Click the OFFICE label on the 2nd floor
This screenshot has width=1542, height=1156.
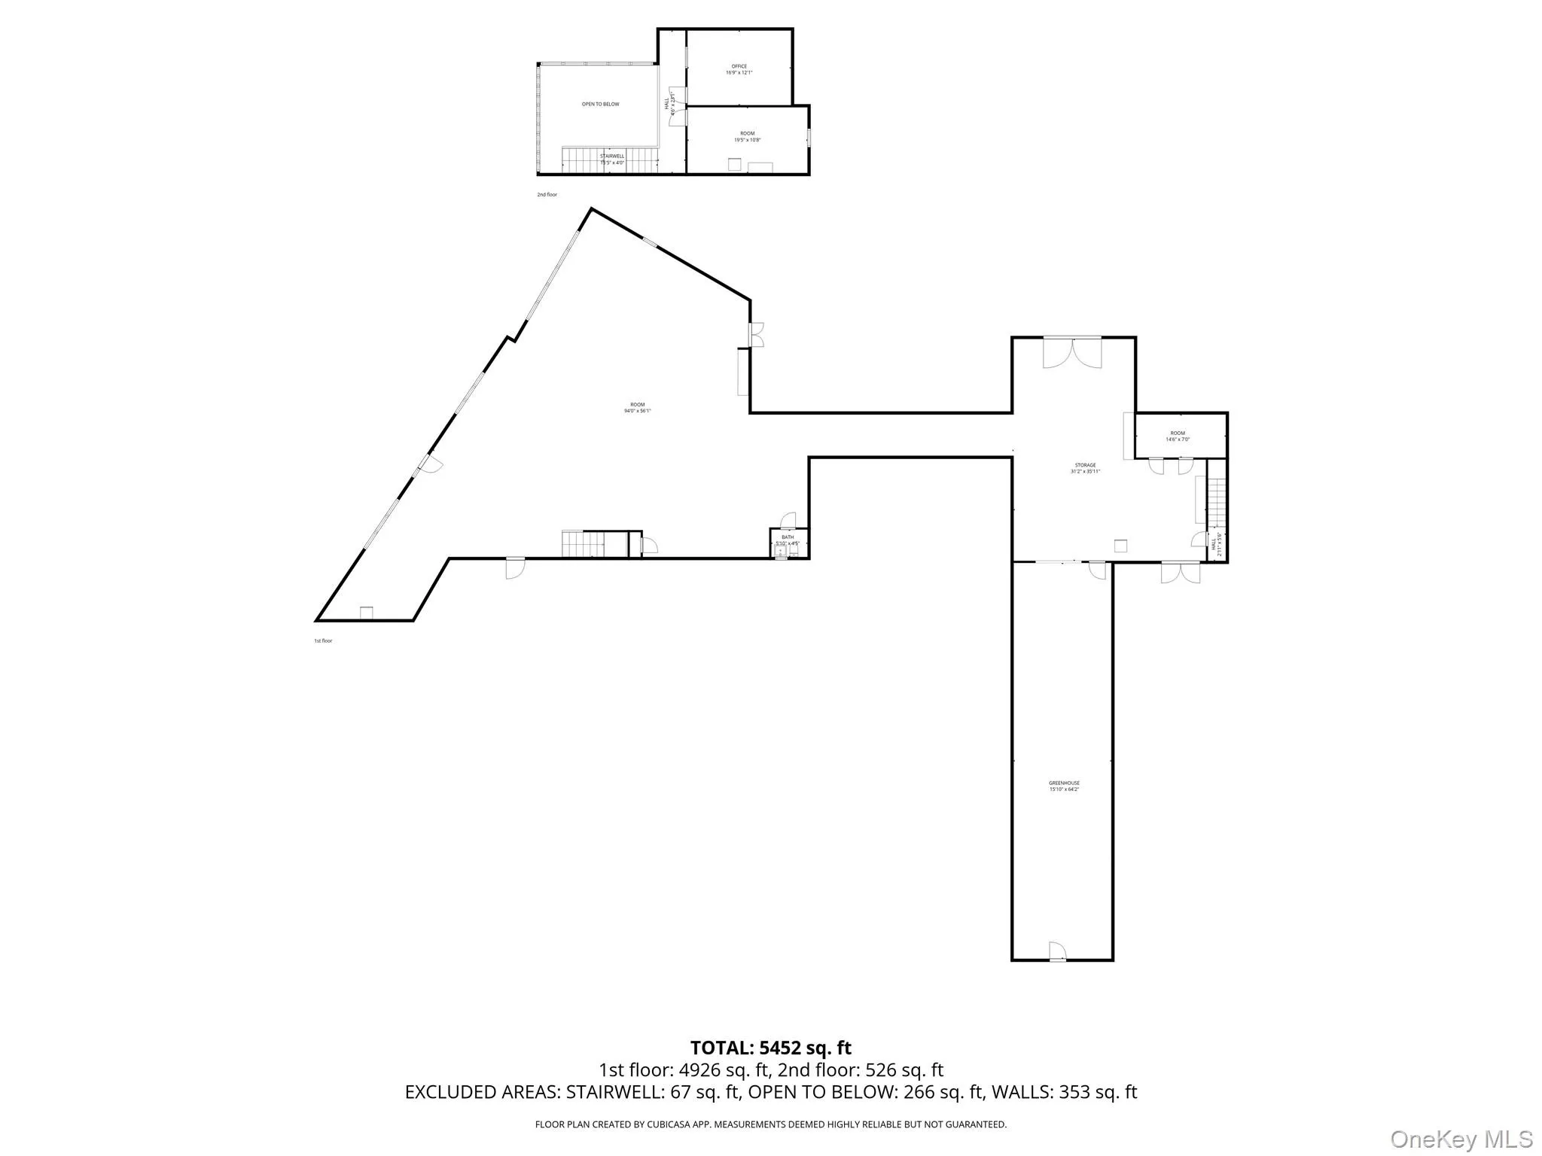click(739, 66)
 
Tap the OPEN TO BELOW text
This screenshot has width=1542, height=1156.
click(600, 104)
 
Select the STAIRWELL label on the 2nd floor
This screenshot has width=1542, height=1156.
click(611, 157)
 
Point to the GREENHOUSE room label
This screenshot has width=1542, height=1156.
click(1064, 783)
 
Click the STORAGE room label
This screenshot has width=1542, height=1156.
click(1085, 465)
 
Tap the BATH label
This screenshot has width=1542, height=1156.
click(787, 537)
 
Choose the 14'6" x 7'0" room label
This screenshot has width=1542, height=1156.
click(1178, 440)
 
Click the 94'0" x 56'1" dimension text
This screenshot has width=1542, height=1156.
click(637, 411)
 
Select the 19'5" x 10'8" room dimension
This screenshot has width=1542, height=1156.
click(747, 140)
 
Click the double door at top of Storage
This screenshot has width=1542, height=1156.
click(1072, 352)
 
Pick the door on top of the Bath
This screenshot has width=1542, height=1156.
click(788, 520)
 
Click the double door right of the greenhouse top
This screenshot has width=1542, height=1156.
click(1180, 572)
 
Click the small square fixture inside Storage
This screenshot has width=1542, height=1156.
click(1120, 546)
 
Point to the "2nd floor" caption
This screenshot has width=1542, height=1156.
click(547, 195)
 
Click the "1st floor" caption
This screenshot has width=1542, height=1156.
click(323, 641)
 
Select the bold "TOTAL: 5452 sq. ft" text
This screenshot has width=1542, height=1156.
click(771, 1048)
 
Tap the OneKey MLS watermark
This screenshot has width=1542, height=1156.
click(1461, 1139)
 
